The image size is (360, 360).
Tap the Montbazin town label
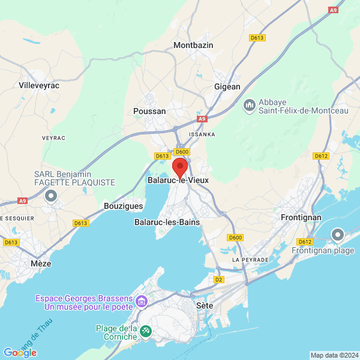(193, 45)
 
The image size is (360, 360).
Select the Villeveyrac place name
(40, 85)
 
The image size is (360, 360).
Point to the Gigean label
(227, 86)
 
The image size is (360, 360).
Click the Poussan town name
(149, 111)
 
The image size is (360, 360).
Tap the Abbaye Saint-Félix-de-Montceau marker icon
(249, 106)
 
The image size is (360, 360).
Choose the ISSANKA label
(202, 134)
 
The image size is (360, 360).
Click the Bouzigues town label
(123, 205)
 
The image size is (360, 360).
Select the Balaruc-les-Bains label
(167, 222)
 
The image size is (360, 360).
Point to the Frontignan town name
(301, 217)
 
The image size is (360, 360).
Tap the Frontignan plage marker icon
(338, 235)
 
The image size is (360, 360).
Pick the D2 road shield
(218, 280)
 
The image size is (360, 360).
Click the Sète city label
(205, 305)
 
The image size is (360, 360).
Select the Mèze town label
(41, 263)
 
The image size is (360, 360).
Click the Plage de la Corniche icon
(145, 331)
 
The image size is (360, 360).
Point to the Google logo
(20, 353)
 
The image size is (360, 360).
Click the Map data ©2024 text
(334, 355)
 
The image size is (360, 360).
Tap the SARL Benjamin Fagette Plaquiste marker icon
(51, 196)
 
